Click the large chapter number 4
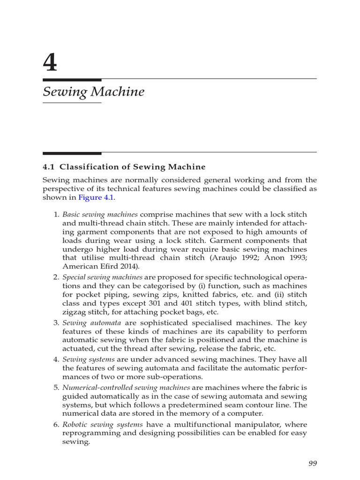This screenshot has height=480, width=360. coord(50,62)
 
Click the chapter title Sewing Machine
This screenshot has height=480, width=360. coord(93,91)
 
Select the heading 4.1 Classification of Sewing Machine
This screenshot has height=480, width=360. coord(124,167)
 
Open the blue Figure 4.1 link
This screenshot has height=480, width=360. coord(96,197)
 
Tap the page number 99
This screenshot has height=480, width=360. coord(313,463)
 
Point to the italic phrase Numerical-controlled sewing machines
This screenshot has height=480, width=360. coord(126,388)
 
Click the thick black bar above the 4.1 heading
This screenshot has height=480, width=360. coord(72,153)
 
